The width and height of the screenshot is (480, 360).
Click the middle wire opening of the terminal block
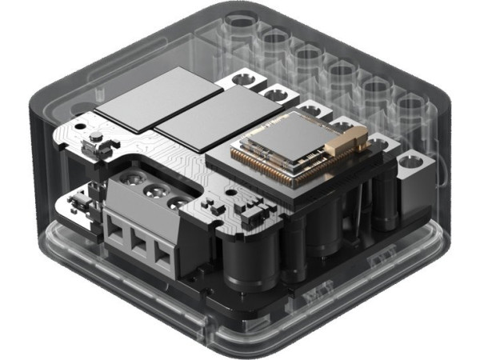pyautogui.click(x=140, y=246)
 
